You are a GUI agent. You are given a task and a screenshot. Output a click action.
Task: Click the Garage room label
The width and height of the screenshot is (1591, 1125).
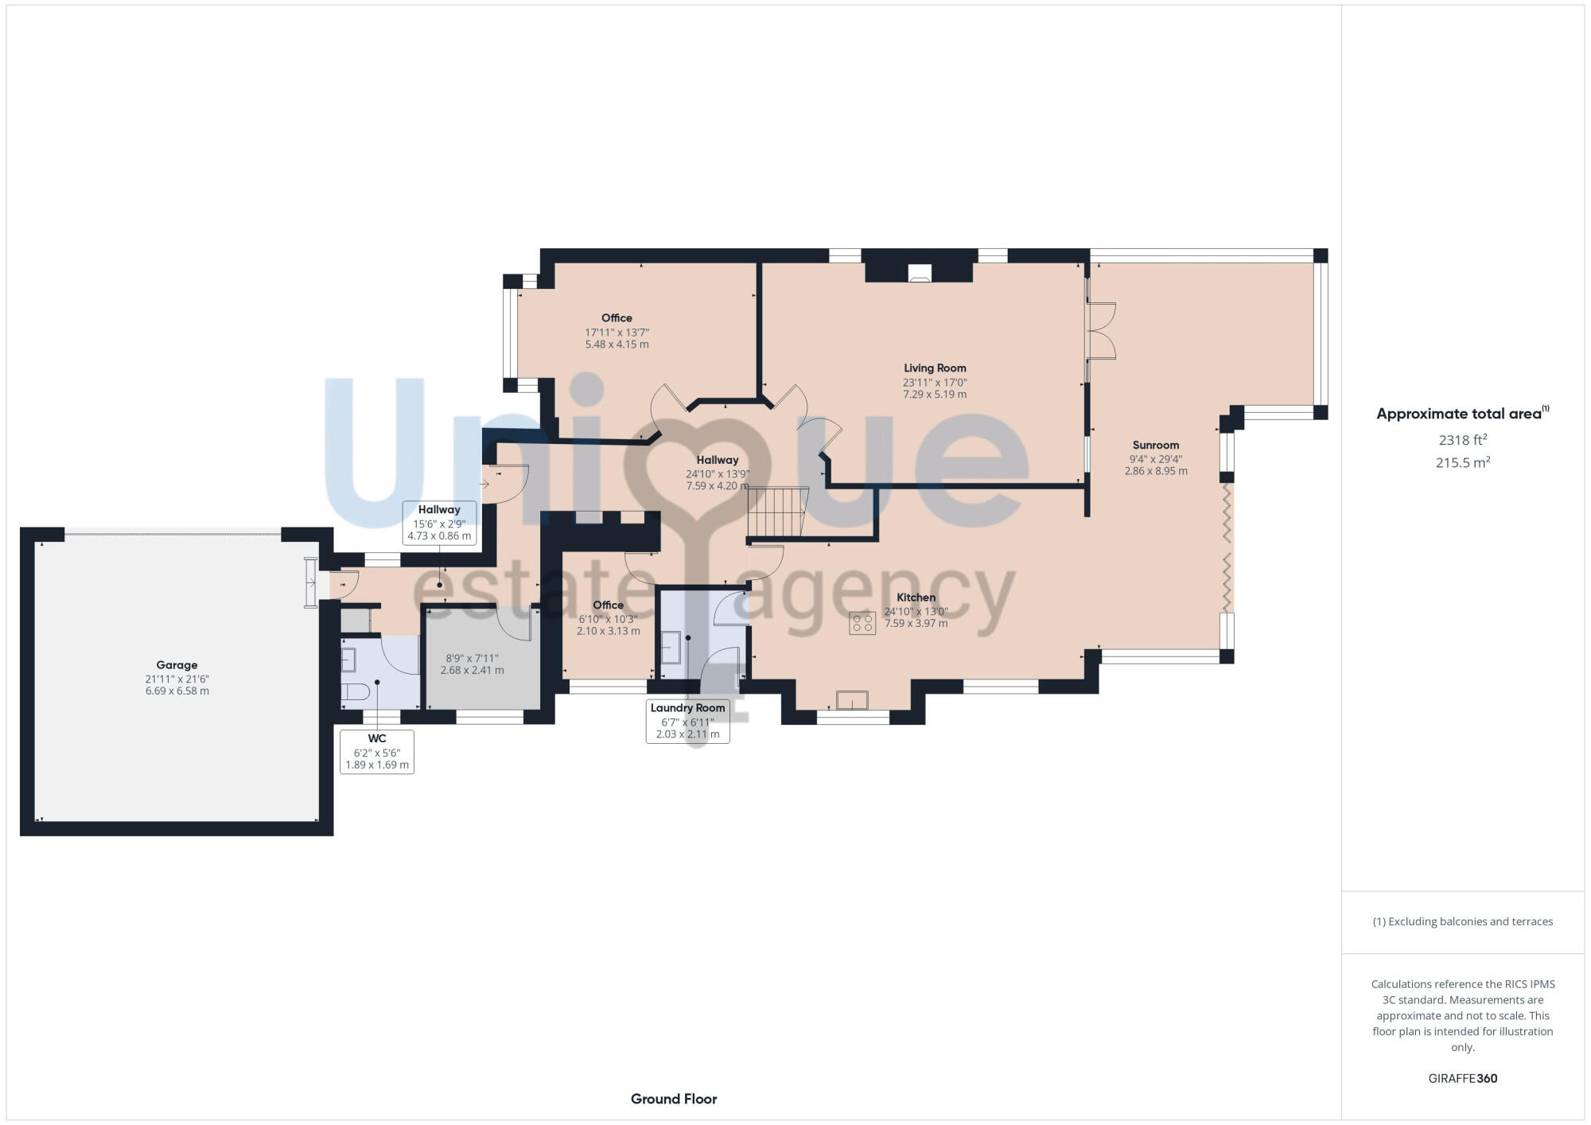[x=177, y=665]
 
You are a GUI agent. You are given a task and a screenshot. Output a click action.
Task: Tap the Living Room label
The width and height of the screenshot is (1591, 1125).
[x=935, y=368]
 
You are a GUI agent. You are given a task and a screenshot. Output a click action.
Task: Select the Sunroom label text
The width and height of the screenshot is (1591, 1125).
[x=1155, y=446]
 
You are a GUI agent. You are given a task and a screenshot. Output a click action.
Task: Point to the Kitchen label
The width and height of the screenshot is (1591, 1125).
[x=916, y=598]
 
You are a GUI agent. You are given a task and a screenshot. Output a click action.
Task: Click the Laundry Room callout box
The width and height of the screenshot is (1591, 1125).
[x=687, y=721]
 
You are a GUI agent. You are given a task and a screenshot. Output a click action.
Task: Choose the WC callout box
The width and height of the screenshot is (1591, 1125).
[x=377, y=752]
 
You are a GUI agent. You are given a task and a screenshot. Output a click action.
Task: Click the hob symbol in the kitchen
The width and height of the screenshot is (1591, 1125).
[x=862, y=623]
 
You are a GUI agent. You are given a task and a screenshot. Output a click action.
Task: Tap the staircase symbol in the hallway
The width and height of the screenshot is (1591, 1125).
[x=777, y=513]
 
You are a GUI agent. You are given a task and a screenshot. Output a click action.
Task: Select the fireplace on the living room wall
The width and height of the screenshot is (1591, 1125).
[x=919, y=273]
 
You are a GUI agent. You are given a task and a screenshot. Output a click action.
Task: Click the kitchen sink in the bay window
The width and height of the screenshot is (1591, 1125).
[x=852, y=700]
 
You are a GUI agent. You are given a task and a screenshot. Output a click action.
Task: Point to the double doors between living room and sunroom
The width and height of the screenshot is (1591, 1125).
[x=1102, y=331]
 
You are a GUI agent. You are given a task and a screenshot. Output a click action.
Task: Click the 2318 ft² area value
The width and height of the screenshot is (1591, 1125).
[x=1462, y=440]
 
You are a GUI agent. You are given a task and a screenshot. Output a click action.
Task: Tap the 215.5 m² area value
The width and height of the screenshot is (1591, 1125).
[x=1462, y=462]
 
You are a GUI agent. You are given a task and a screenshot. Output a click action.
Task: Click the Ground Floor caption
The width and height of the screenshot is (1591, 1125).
[x=674, y=1099]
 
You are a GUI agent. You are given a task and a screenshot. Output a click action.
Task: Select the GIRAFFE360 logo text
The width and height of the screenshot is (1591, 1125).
[x=1462, y=1079]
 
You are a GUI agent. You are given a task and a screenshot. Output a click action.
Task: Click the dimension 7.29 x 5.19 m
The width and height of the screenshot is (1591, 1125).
[x=935, y=395]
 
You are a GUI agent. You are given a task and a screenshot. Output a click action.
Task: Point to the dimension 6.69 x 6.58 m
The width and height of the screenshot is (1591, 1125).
[x=177, y=691]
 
